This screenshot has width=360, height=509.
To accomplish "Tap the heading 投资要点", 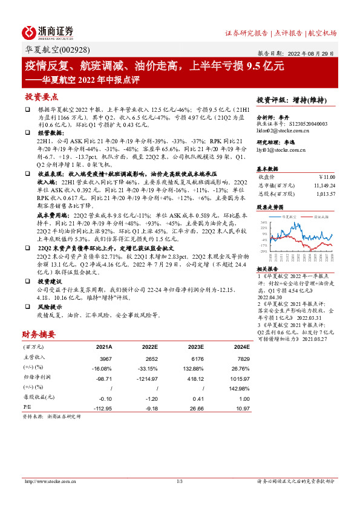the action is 42,97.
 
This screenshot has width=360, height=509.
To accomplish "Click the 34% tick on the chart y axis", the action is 263,222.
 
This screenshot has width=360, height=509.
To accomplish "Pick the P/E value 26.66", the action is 197,408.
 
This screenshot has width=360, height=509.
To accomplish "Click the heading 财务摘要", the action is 39,334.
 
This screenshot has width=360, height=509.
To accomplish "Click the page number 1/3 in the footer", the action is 180,481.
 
